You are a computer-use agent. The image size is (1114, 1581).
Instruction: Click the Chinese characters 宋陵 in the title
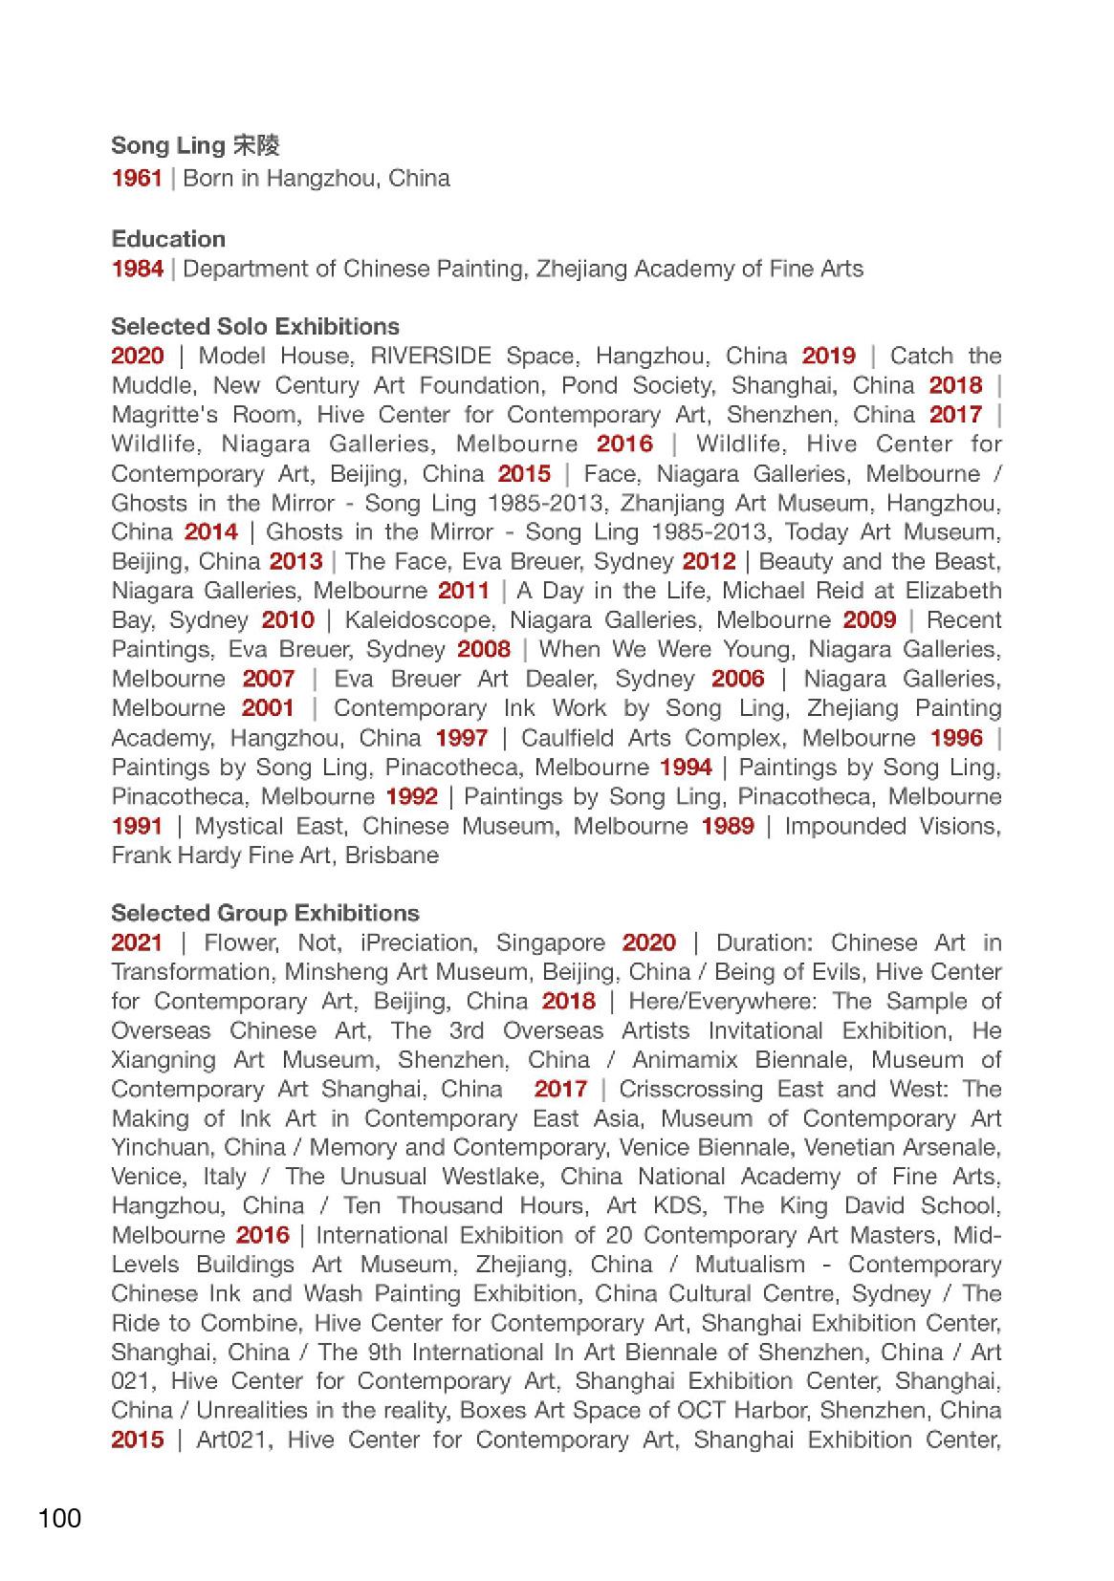click(255, 145)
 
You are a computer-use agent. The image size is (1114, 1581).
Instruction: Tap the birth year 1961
click(137, 179)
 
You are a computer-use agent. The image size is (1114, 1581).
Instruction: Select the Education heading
click(168, 239)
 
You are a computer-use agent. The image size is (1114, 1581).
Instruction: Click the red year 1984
click(138, 269)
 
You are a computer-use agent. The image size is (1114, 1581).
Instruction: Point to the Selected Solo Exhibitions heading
click(255, 326)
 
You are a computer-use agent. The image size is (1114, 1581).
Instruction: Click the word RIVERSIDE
click(430, 357)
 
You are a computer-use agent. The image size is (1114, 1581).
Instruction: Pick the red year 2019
click(828, 357)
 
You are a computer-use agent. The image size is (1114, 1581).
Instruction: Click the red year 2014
click(210, 532)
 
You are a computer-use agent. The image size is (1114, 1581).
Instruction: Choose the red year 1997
click(461, 739)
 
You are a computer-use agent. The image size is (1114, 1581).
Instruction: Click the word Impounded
click(842, 827)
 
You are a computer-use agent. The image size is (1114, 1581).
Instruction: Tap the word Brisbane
click(392, 855)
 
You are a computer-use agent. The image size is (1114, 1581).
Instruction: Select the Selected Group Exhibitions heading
click(265, 913)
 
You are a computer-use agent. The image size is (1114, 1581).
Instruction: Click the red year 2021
click(137, 943)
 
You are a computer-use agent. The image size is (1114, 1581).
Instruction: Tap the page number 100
click(59, 1519)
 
